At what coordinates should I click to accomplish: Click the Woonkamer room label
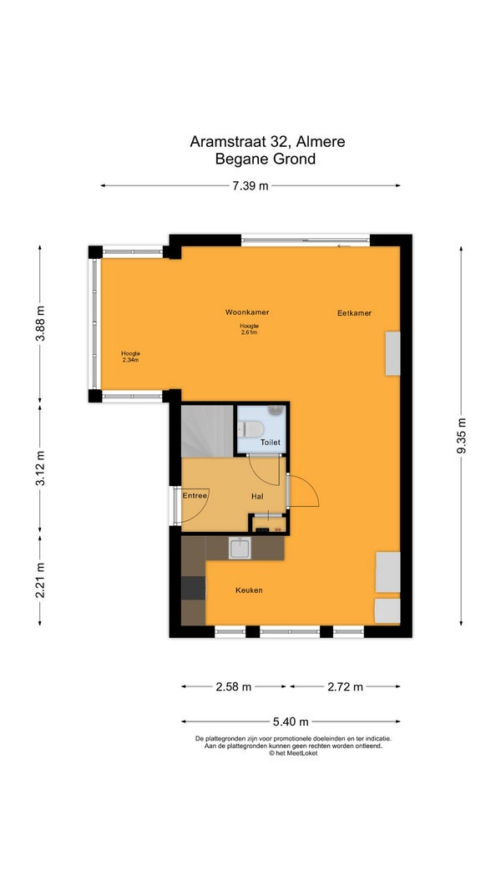[x=247, y=312]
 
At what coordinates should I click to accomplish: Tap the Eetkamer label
[x=354, y=312]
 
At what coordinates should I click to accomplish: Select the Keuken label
[x=250, y=590]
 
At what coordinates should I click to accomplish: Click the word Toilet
[x=271, y=442]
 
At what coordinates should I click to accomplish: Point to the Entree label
[x=195, y=495]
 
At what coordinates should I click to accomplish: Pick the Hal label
[x=257, y=496]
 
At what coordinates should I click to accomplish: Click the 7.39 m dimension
[x=250, y=186]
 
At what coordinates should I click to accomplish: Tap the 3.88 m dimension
[x=40, y=323]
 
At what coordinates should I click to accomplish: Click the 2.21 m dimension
[x=40, y=580]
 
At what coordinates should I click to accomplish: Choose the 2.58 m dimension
[x=234, y=686]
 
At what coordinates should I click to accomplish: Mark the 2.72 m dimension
[x=346, y=686]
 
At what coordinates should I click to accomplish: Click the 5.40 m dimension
[x=291, y=721]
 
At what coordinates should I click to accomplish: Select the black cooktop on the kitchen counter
[x=193, y=588]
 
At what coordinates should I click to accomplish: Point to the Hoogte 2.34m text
[x=130, y=357]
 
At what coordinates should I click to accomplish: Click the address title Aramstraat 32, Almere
[x=267, y=141]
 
